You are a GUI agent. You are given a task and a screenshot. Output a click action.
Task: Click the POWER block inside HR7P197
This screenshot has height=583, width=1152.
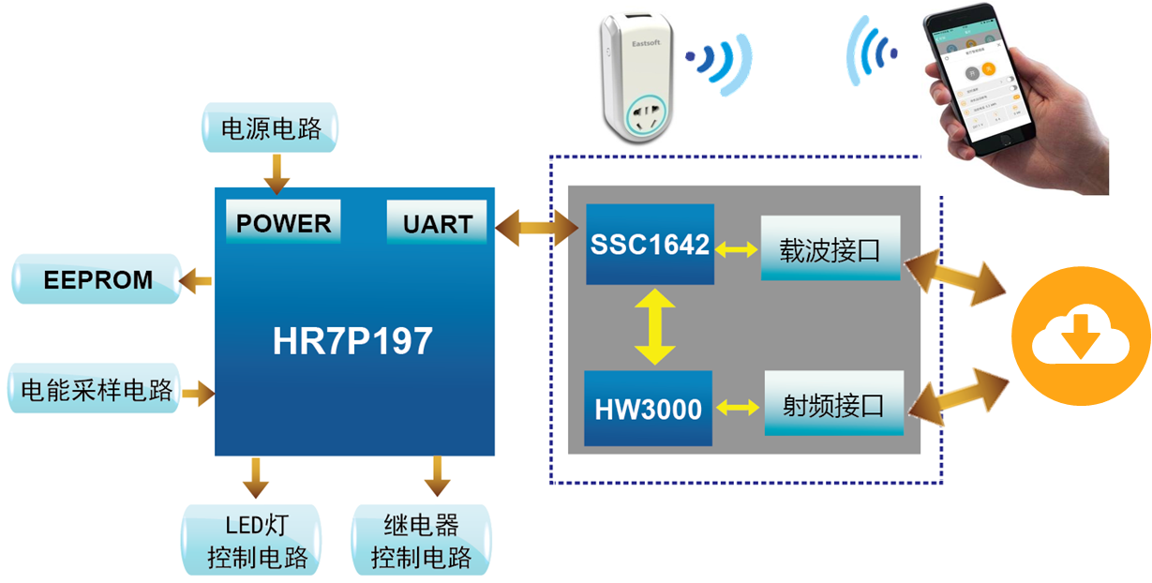pyautogui.click(x=283, y=223)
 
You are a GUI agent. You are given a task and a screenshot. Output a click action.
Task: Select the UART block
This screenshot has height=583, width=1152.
pyautogui.click(x=437, y=223)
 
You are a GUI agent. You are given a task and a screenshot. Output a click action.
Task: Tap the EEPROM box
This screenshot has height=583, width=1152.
pyautogui.click(x=97, y=279)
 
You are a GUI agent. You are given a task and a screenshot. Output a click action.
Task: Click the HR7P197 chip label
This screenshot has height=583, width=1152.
pyautogui.click(x=353, y=341)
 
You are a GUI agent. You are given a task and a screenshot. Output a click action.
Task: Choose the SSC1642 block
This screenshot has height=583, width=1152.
pyautogui.click(x=650, y=244)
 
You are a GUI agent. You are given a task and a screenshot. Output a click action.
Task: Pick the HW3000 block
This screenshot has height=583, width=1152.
pyautogui.click(x=648, y=409)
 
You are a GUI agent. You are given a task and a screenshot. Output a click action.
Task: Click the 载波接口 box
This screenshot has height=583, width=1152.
pyautogui.click(x=830, y=247)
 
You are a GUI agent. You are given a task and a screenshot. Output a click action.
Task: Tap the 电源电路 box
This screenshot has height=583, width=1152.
pyautogui.click(x=271, y=128)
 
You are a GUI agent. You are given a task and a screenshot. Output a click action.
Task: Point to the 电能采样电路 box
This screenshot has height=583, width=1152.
pyautogui.click(x=97, y=390)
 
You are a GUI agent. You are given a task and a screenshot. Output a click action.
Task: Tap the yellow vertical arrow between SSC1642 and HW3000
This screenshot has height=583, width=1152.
pyautogui.click(x=653, y=326)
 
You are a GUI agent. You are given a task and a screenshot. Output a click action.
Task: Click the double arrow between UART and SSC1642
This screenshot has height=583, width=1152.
pyautogui.click(x=536, y=228)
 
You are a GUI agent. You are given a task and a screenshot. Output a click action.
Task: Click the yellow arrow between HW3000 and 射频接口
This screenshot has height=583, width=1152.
pyautogui.click(x=738, y=408)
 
